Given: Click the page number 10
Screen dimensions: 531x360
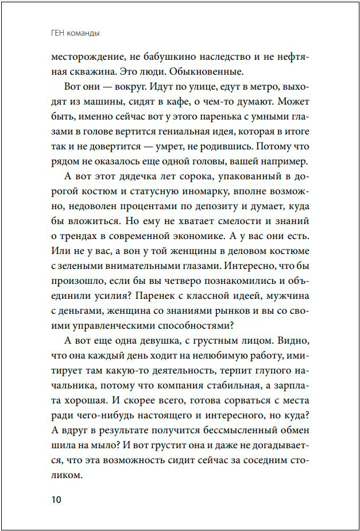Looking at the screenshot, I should [x=56, y=498].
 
